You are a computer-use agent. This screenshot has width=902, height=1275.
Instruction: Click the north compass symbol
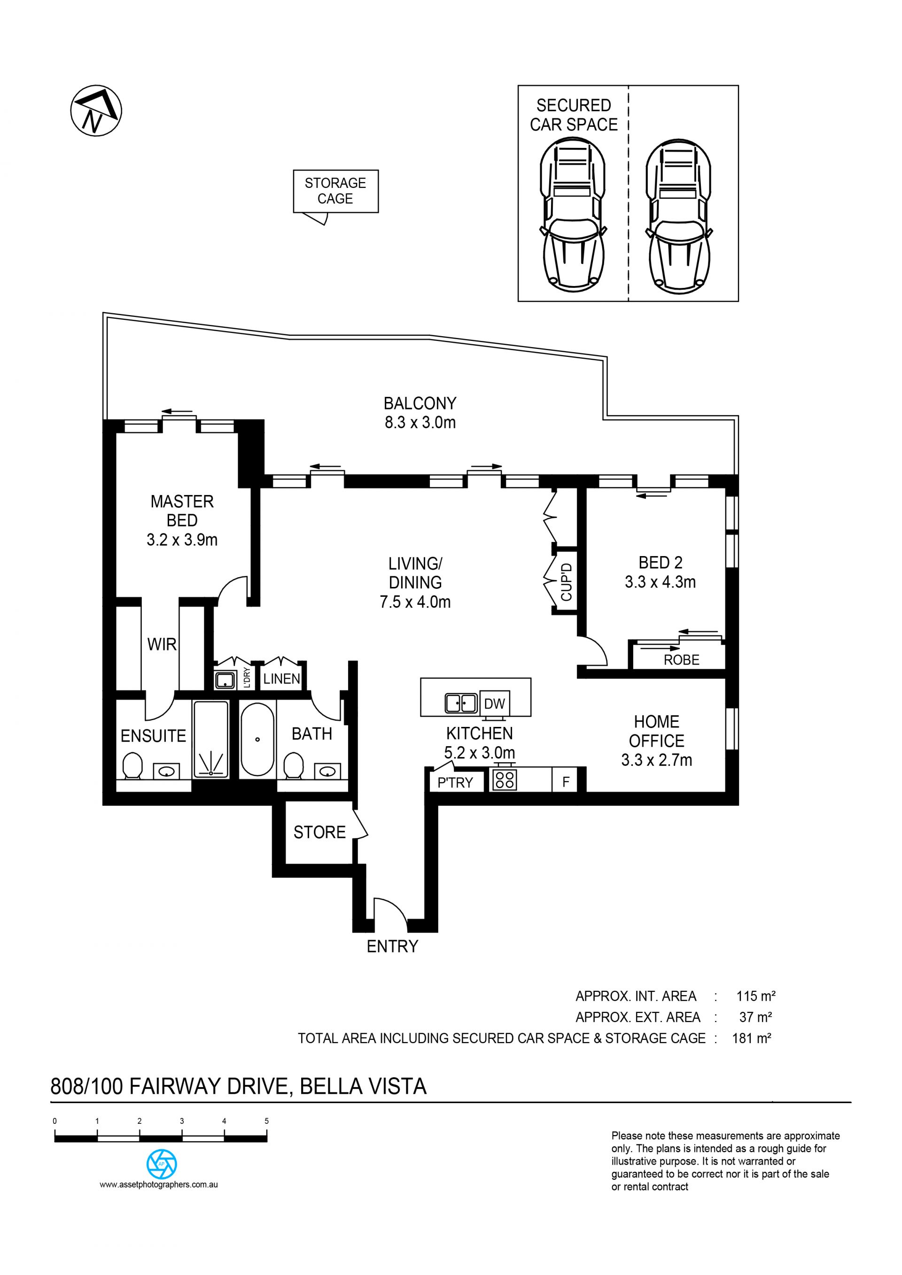96,111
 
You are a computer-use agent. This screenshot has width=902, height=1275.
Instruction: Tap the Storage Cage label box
335,191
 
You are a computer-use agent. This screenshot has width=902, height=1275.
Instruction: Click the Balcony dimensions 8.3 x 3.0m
420,423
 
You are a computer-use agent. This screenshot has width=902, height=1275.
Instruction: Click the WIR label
162,644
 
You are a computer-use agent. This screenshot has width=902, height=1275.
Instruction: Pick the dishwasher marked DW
494,703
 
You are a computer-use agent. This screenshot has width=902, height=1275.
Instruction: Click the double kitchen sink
461,703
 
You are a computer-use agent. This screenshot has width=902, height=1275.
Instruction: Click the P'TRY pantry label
455,782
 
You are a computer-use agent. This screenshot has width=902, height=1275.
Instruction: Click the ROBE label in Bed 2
682,660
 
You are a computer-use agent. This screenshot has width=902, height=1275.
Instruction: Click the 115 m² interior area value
756,996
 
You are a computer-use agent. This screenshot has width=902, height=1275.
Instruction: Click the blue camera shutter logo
162,1164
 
